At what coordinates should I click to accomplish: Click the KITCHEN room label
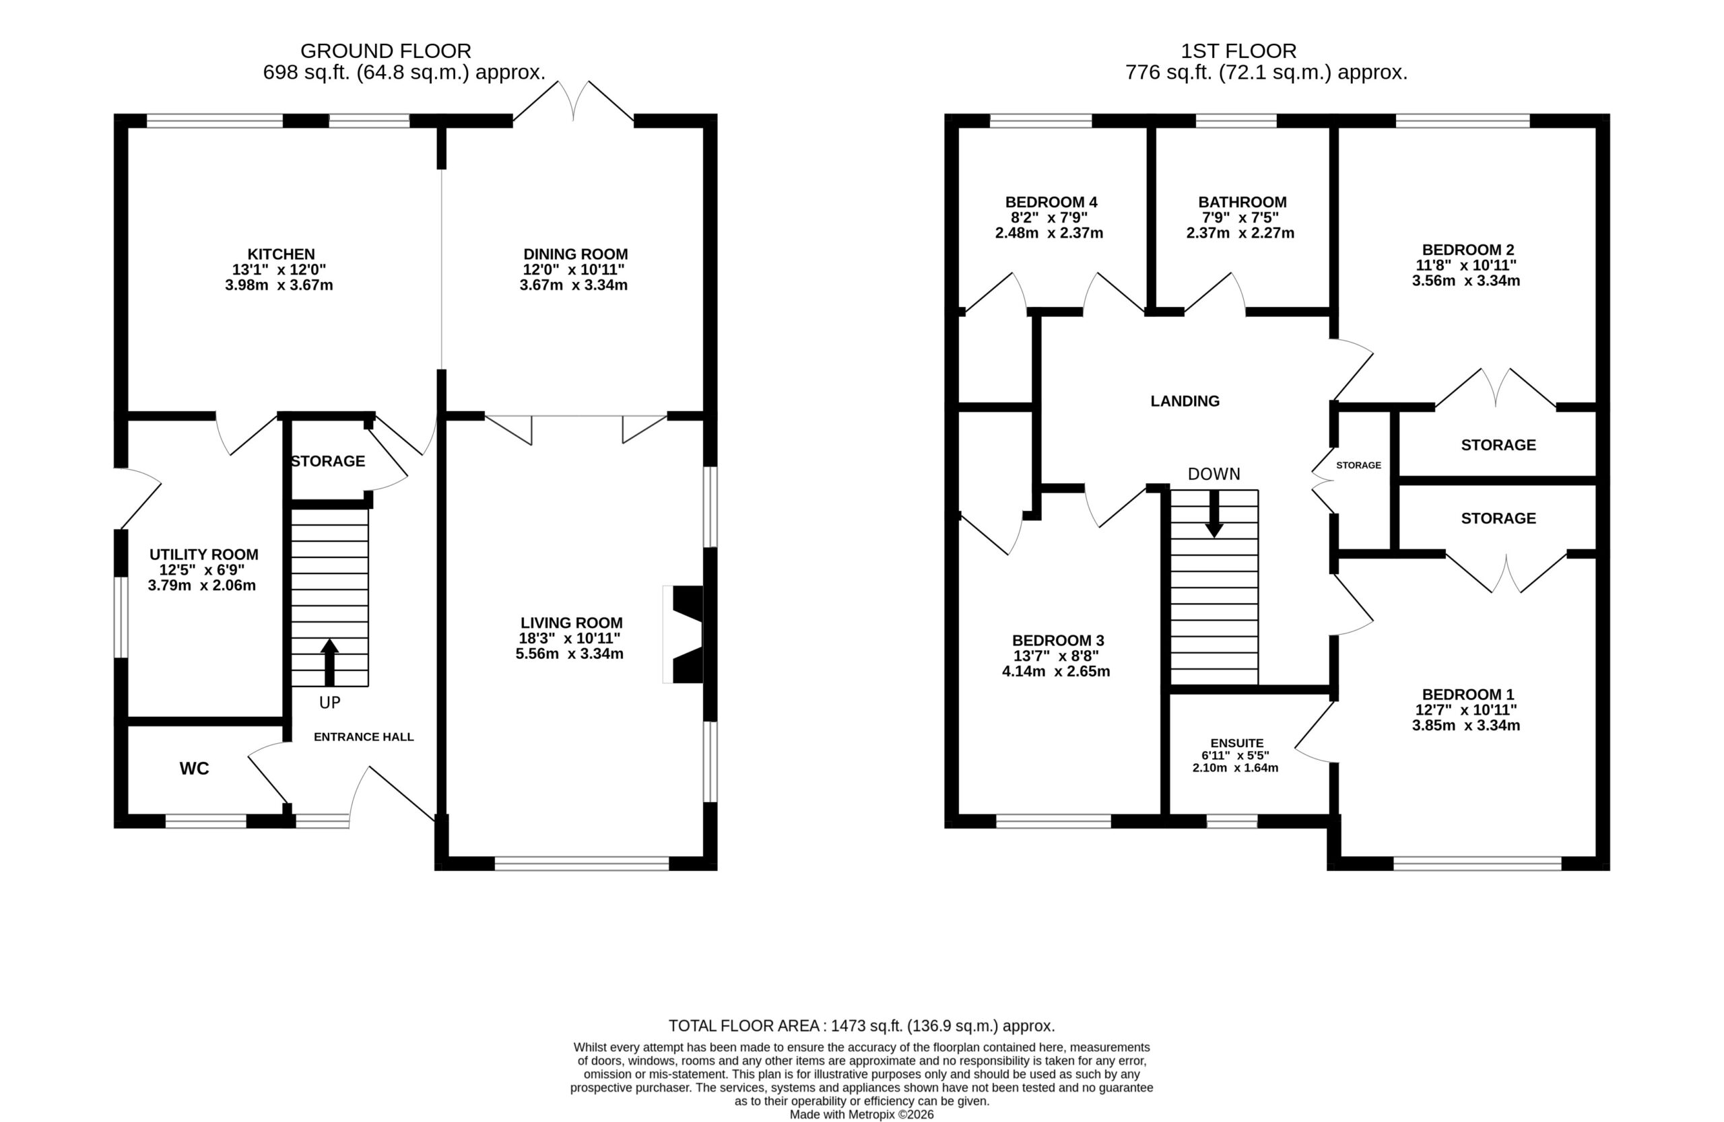point(281,254)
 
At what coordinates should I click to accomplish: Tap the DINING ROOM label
point(575,254)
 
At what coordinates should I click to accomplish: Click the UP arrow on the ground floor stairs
point(329,662)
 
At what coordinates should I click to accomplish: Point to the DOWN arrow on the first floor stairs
point(1214,514)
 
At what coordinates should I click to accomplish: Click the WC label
point(194,769)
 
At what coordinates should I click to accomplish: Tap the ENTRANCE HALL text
point(364,737)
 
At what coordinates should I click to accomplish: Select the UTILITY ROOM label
point(203,555)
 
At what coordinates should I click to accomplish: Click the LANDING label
point(1185,401)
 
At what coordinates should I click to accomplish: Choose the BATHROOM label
point(1242,202)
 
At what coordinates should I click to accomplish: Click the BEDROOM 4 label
point(1051,202)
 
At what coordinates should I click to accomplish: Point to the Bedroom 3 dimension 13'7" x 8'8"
point(1056,656)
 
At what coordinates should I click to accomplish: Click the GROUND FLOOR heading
point(385,50)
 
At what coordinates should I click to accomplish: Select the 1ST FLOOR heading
point(1238,50)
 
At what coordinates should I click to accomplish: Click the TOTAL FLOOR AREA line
point(861,1026)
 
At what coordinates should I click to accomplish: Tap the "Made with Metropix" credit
point(861,1115)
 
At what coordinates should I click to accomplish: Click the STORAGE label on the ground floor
point(328,461)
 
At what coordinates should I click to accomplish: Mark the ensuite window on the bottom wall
point(1232,821)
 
